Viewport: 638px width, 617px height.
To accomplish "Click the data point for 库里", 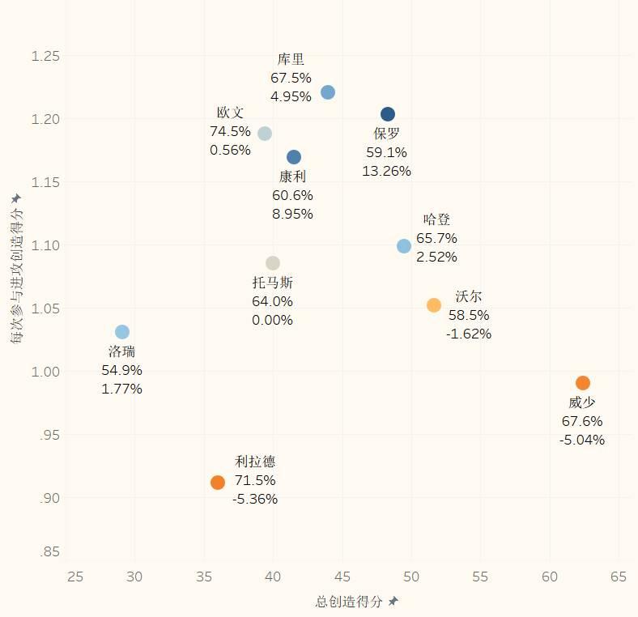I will point(328,92).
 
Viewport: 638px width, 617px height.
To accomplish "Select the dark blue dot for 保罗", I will point(388,114).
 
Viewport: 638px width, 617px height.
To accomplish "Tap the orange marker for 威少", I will point(583,383).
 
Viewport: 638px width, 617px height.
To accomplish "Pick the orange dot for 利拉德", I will point(218,483).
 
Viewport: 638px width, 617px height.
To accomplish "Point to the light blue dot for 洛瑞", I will point(122,332).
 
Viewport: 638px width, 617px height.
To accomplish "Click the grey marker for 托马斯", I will point(273,263).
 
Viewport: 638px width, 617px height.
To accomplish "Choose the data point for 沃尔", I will point(434,305).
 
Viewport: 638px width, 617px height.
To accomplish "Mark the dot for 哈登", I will point(404,246).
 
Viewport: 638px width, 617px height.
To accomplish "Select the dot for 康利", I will point(294,157).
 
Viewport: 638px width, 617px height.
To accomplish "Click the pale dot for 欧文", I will point(265,134).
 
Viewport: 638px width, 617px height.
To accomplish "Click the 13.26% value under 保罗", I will point(386,171).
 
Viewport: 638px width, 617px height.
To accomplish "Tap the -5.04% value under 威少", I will point(581,440).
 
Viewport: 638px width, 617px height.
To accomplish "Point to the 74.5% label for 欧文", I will point(230,131).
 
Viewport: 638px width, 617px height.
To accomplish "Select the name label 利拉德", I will point(255,462).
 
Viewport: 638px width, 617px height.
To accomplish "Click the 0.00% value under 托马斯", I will point(272,320).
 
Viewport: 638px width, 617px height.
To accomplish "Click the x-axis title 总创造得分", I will point(349,602).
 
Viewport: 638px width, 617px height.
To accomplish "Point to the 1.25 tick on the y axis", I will point(45,56).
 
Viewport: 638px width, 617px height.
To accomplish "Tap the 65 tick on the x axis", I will point(619,577).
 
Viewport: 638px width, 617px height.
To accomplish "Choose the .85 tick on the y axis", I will point(49,552).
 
